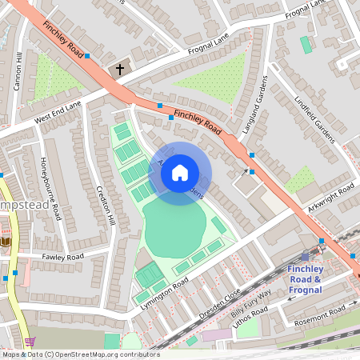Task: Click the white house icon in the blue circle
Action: click(x=180, y=172)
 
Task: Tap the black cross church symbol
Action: click(x=121, y=70)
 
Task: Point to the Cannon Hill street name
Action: click(x=19, y=71)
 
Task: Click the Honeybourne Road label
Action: click(x=50, y=189)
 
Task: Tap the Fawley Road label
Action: click(x=63, y=257)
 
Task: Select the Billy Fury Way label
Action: click(x=253, y=305)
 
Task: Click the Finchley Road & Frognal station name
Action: click(x=304, y=279)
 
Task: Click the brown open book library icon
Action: click(x=6, y=241)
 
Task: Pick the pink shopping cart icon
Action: click(x=29, y=342)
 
